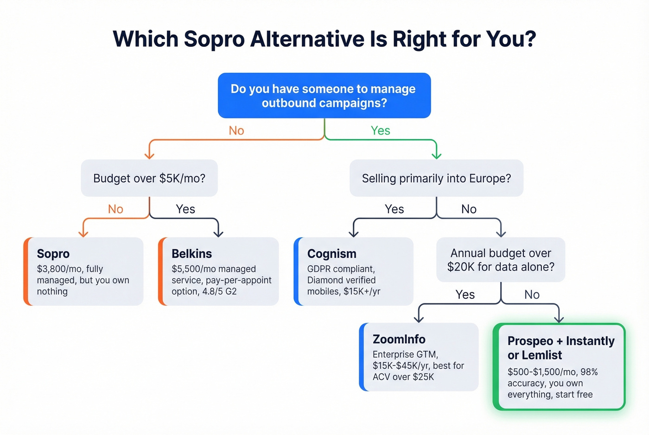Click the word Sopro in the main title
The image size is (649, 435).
tap(214, 39)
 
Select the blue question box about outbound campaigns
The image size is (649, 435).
tap(324, 95)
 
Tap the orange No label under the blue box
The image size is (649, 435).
tap(236, 131)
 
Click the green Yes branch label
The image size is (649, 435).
tap(380, 131)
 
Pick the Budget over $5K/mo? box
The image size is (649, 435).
tap(149, 178)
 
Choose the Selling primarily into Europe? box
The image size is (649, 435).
tap(436, 178)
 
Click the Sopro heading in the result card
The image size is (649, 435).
tap(53, 254)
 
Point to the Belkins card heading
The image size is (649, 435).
tap(191, 254)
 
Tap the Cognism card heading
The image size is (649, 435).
tap(331, 254)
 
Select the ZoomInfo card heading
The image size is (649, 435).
tap(399, 340)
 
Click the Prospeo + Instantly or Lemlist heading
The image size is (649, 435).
tap(560, 348)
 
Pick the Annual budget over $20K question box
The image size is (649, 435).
tap(501, 260)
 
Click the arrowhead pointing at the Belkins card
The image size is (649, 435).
tap(218, 233)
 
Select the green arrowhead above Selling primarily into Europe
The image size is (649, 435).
tap(436, 155)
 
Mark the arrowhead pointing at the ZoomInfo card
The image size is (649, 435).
tap(419, 319)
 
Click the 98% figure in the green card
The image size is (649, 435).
tap(589, 372)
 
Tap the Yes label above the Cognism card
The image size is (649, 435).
tap(394, 209)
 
